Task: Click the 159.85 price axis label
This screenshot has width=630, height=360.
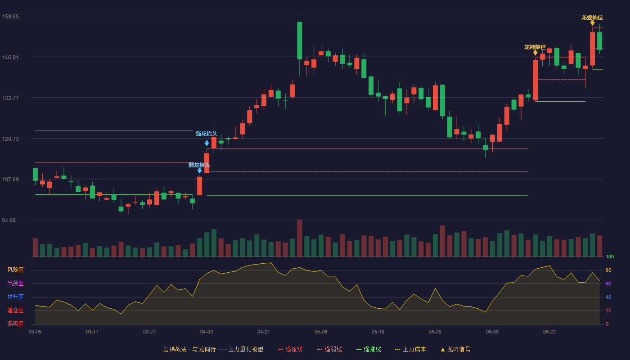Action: click(x=10, y=17)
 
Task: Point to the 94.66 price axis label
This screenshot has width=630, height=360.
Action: click(x=9, y=220)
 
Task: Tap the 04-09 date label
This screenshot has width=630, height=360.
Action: click(x=207, y=332)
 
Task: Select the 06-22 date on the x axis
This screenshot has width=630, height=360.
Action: click(x=549, y=332)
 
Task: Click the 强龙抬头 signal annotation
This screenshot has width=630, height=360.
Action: click(x=207, y=134)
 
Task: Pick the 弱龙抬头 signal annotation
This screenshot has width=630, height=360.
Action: click(x=199, y=165)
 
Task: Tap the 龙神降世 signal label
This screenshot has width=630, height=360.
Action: click(x=535, y=47)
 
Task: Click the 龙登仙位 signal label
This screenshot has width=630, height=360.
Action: click(x=592, y=18)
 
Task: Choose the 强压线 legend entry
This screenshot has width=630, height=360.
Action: click(x=290, y=349)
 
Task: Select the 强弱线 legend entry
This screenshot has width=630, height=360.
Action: click(x=329, y=349)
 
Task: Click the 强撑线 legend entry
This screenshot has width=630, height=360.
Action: click(x=369, y=349)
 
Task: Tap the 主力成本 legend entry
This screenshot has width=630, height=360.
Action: click(x=410, y=349)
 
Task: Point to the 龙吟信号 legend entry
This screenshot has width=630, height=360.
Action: click(x=455, y=349)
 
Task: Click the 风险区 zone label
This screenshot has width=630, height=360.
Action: click(x=15, y=270)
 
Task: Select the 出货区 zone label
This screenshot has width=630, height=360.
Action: click(x=15, y=283)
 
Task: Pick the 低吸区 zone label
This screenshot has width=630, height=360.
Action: click(x=15, y=324)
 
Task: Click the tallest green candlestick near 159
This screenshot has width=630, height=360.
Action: click(x=300, y=40)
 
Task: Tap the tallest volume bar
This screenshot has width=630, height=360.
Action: click(x=300, y=238)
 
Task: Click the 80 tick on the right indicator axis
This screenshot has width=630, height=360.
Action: click(x=608, y=270)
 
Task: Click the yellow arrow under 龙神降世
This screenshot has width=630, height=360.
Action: click(x=535, y=53)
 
